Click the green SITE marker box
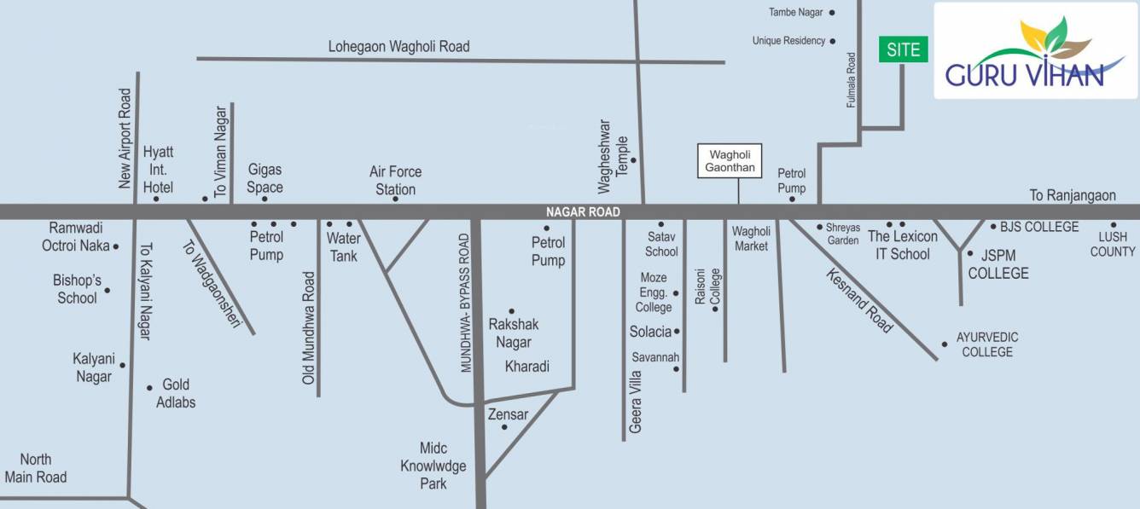pyautogui.click(x=903, y=49)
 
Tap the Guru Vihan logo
pyautogui.click(x=1035, y=51)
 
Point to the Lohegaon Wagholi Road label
pyautogui.click(x=398, y=46)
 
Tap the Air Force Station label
pyautogui.click(x=395, y=180)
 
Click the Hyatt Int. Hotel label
pyautogui.click(x=158, y=169)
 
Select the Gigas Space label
pyautogui.click(x=265, y=178)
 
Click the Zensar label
pyautogui.click(x=508, y=414)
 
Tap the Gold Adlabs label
pyautogui.click(x=176, y=393)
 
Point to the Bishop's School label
pyautogui.click(x=77, y=289)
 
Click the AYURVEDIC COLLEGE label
pyautogui.click(x=986, y=344)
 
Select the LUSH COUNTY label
pyautogui.click(x=1113, y=244)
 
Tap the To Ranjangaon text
pyautogui.click(x=1072, y=195)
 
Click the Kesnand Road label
pyautogui.click(x=859, y=299)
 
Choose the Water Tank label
pyautogui.click(x=343, y=247)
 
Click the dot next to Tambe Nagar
pyautogui.click(x=832, y=13)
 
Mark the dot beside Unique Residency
pyautogui.click(x=832, y=41)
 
